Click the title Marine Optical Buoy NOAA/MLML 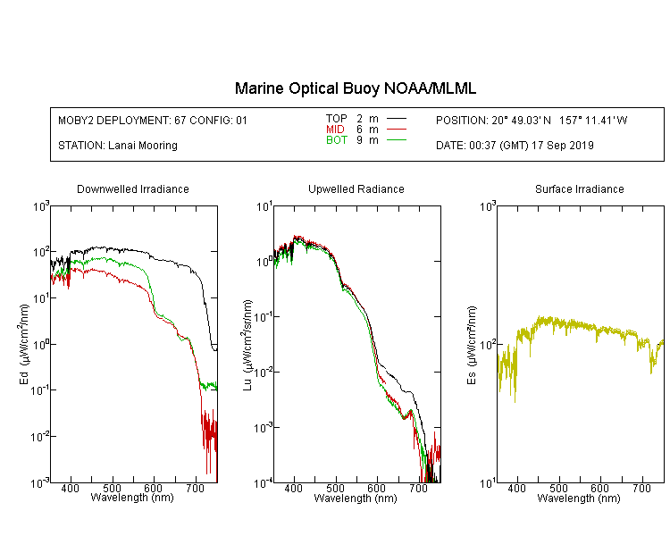(x=355, y=88)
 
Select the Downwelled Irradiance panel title (x=133, y=188)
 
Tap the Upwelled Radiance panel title (x=356, y=188)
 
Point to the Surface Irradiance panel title (x=580, y=188)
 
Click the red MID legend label (x=335, y=129)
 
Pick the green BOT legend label (x=336, y=140)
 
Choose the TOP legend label (x=336, y=119)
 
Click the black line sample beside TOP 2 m (x=396, y=119)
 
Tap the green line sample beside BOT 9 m (x=396, y=139)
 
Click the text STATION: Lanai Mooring (x=118, y=146)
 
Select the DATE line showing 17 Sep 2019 (x=515, y=146)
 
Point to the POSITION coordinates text (x=532, y=120)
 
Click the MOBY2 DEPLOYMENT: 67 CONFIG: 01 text (x=153, y=120)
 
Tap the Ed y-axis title (x=24, y=344)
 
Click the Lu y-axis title (x=247, y=345)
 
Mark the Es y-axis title (x=471, y=345)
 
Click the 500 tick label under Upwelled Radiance (x=335, y=488)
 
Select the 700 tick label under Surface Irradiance (x=641, y=488)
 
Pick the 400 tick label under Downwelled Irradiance (x=70, y=488)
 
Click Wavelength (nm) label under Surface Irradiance (x=579, y=498)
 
